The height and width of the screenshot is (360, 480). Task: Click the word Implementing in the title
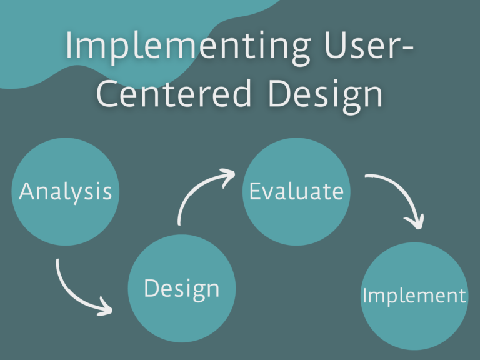tap(188, 46)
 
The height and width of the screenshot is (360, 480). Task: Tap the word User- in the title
tap(369, 44)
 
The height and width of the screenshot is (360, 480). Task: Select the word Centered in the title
tap(174, 92)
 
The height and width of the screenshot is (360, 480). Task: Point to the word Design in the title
tap(326, 96)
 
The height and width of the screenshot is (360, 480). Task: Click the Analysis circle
tap(65, 192)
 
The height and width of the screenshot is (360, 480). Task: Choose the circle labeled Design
tap(182, 288)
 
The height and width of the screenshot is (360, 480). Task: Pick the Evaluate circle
tap(296, 192)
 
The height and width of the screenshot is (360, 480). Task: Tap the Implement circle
tap(414, 296)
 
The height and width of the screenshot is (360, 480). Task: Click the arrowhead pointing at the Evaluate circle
tap(228, 177)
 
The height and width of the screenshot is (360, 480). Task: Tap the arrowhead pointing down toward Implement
tap(416, 222)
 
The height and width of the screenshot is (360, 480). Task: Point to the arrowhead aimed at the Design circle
tap(106, 307)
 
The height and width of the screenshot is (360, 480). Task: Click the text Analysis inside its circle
tap(65, 191)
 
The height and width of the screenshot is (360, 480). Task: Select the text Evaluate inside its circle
tap(296, 191)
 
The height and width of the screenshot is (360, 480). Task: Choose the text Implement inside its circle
tap(414, 296)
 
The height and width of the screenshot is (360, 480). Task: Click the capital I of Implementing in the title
tap(69, 45)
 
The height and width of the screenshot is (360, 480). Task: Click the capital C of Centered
tap(106, 92)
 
